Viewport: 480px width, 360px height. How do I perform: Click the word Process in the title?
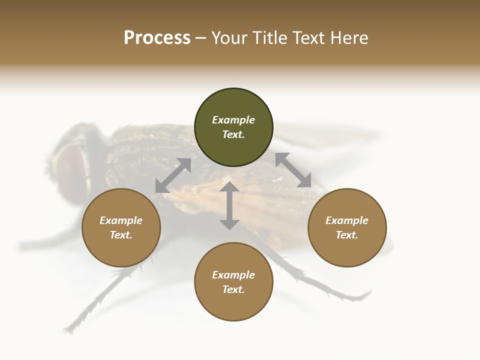[x=157, y=38]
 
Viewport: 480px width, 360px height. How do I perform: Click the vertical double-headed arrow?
[x=229, y=205]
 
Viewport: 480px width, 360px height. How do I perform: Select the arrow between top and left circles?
[x=173, y=175]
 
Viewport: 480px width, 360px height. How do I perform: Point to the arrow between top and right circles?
[x=293, y=170]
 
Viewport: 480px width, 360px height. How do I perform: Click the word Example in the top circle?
[x=233, y=120]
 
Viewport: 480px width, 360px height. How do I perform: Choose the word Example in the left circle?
[x=121, y=220]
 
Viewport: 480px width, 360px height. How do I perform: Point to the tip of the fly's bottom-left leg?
[x=66, y=330]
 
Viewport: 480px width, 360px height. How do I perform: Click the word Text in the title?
[x=307, y=38]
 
